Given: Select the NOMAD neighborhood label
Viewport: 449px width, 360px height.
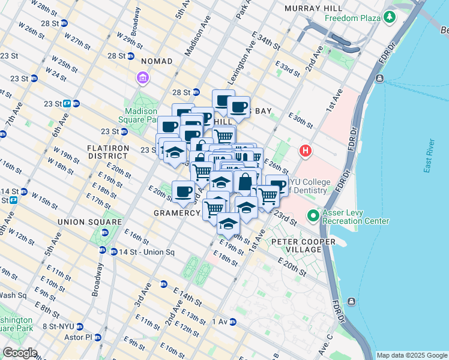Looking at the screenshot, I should point(157,61).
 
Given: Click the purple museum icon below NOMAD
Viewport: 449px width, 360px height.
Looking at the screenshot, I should point(143,78).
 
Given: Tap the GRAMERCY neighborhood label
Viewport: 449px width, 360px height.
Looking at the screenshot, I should point(176,213).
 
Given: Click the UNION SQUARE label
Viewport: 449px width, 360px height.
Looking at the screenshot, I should point(85,222).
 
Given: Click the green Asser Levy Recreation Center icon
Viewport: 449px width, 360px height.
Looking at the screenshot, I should point(313,215).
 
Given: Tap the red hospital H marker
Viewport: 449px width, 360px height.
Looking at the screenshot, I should point(306,150).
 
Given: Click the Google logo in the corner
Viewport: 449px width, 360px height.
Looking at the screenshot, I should point(19,353).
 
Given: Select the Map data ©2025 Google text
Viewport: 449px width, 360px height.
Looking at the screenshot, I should point(412,355).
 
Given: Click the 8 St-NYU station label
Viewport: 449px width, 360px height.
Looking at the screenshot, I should point(58,326).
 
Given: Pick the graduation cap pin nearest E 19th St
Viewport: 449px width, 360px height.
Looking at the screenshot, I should point(228,224).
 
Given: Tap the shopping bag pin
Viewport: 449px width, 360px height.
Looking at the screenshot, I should point(246,182).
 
